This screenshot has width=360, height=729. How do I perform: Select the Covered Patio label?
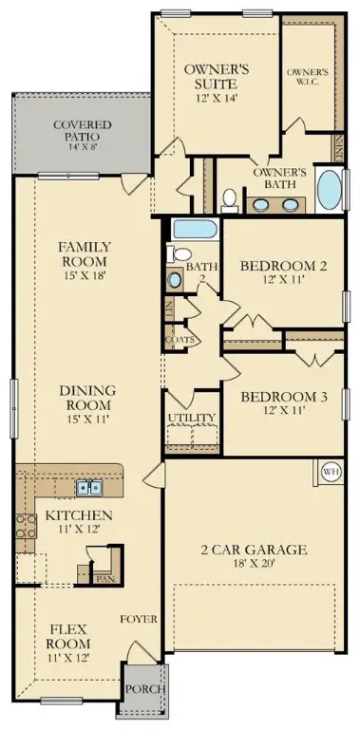[82, 130]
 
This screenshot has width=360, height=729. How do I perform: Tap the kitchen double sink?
[90, 487]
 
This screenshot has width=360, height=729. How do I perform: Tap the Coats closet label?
[180, 339]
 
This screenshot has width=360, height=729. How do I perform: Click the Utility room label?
[192, 418]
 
